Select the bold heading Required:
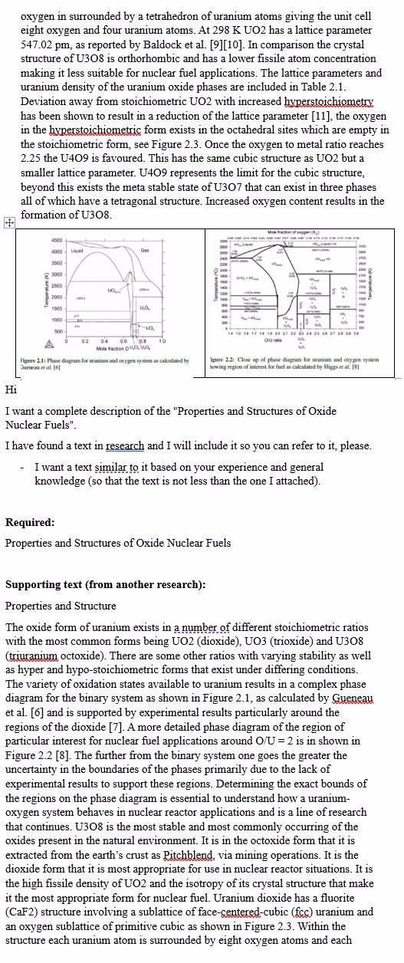click(30, 522)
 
